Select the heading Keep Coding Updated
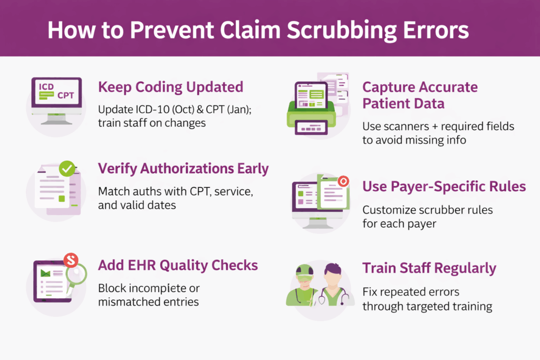(170, 87)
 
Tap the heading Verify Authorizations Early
(184, 169)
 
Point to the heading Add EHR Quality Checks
(178, 265)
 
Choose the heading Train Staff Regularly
(429, 268)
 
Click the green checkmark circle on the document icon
(67, 169)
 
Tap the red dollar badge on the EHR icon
(70, 259)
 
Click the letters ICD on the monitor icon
(46, 87)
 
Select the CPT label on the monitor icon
(66, 95)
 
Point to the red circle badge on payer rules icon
(343, 181)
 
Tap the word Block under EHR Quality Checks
(111, 288)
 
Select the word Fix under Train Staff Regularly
(369, 291)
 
